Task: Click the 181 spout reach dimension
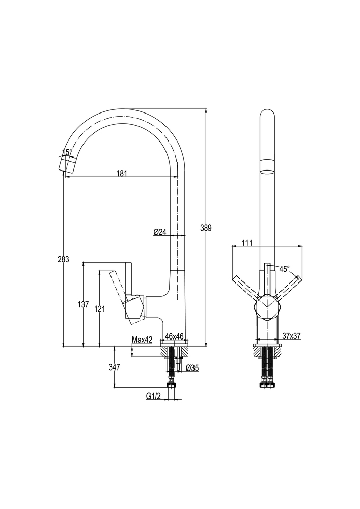121,173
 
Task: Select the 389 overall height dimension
206,228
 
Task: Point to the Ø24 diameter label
160,232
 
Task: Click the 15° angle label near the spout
67,152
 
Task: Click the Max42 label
142,340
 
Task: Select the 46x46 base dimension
174,336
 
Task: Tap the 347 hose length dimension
114,366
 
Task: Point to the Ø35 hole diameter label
191,367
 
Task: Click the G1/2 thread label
154,395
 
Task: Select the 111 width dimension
247,243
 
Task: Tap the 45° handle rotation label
284,268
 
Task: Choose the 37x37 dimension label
291,336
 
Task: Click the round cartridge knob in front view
266,307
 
